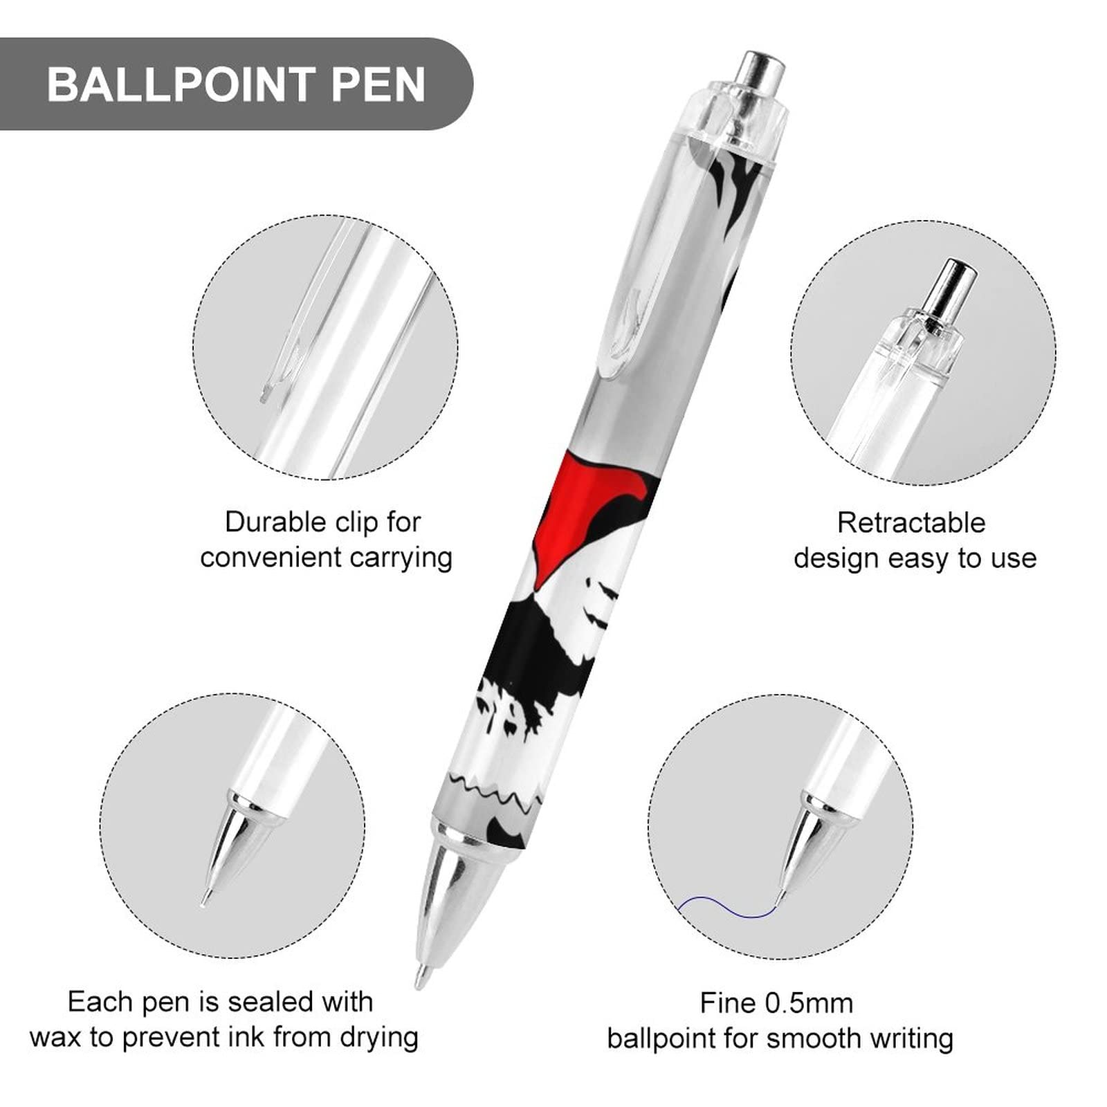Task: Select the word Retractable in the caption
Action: [x=911, y=523]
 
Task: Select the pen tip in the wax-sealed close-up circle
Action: [x=205, y=899]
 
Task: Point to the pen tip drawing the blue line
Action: [x=782, y=897]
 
